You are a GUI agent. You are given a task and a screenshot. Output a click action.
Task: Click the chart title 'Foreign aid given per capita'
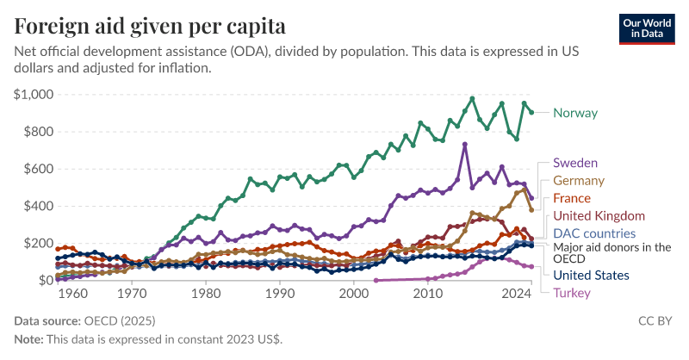[x=150, y=25]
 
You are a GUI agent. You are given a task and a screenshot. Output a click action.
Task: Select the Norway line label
[x=575, y=113]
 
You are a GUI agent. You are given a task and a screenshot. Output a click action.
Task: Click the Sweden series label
[x=575, y=163]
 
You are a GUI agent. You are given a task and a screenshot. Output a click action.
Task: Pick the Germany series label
[x=579, y=181]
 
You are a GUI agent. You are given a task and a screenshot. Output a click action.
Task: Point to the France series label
[x=572, y=199]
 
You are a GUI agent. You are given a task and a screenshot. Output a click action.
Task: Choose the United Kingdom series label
[x=599, y=215]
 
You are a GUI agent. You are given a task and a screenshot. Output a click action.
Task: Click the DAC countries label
[x=594, y=233]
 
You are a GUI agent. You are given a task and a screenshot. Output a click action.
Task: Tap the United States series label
[x=591, y=276]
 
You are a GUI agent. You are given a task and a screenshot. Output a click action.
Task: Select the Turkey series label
[x=572, y=294]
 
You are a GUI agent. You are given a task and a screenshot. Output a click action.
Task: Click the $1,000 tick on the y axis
[x=34, y=95]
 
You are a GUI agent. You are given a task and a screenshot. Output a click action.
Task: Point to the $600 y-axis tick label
[x=38, y=169]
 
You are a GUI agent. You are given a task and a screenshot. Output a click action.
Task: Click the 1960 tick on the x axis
[x=73, y=295]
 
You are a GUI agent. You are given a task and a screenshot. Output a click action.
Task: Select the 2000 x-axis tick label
[x=354, y=295]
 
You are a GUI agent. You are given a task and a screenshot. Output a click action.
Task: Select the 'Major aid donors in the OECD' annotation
[x=611, y=252]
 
